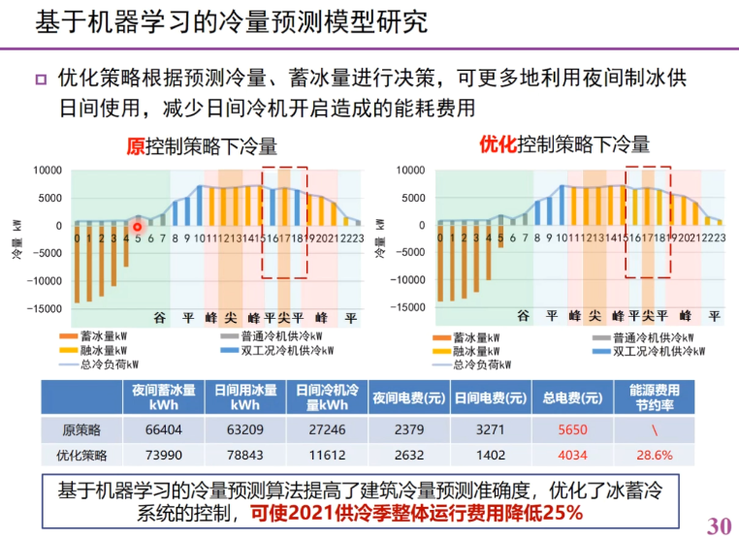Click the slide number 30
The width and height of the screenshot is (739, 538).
[718, 524]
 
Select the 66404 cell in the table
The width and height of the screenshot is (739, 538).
[162, 429]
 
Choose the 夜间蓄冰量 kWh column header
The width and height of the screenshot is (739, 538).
[162, 397]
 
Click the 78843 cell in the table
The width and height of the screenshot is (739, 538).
[244, 455]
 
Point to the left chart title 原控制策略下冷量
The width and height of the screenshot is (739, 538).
[202, 146]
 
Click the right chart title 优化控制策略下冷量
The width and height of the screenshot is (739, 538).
[563, 146]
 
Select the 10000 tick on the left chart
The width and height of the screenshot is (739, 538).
[47, 171]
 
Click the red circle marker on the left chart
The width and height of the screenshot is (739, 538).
[137, 227]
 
